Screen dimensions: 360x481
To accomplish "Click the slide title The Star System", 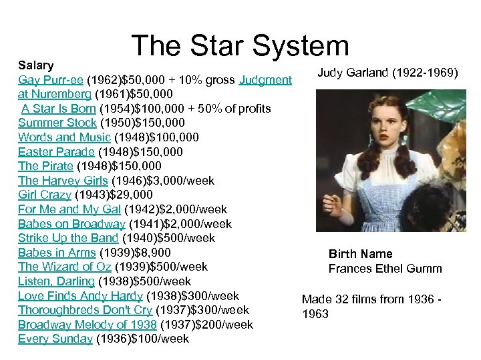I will coord(240,46).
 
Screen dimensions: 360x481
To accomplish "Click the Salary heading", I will coord(35,65).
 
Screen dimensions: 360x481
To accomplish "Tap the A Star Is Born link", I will coord(58,109).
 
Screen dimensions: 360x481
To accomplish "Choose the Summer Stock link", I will coord(57,123).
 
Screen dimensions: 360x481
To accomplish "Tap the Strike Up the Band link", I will coord(67,238).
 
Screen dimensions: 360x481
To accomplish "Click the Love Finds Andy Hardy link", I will coord(80,296).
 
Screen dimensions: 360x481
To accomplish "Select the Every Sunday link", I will coord(55,339).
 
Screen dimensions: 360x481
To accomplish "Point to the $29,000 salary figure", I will coord(134,195).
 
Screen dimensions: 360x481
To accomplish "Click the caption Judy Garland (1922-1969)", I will coord(387,72).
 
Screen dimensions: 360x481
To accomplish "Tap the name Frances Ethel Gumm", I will coord(385,269).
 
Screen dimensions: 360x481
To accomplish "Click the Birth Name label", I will coord(360,254).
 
